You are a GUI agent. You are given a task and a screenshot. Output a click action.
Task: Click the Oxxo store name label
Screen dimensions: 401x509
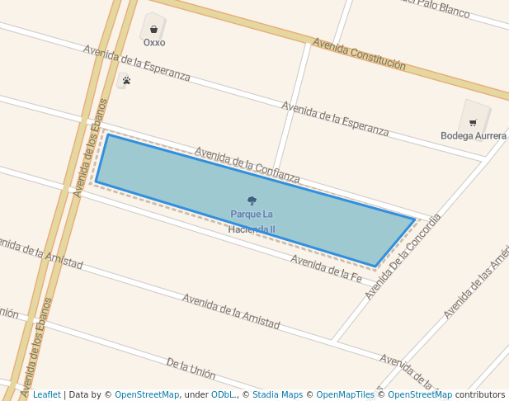tap(154, 42)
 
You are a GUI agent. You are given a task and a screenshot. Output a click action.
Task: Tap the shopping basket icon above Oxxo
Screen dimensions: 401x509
tap(153, 29)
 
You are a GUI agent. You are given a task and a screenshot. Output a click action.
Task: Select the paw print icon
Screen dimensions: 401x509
tap(126, 80)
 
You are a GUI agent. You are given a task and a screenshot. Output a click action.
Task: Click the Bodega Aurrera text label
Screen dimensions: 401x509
tap(474, 135)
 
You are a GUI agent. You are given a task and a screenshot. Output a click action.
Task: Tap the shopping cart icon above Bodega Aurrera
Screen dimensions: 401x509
tap(473, 122)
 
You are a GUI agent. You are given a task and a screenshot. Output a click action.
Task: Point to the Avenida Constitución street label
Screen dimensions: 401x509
tap(359, 53)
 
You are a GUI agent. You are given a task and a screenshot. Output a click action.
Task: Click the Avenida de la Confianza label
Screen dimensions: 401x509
tap(247, 165)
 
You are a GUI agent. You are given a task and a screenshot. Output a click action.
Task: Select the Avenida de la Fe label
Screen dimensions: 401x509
tap(326, 269)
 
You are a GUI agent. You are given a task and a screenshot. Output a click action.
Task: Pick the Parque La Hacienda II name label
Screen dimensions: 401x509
tap(252, 222)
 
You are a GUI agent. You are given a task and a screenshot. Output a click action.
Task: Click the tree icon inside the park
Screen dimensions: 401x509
tap(252, 200)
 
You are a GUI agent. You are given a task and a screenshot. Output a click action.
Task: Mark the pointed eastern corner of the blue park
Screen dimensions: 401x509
tap(414, 219)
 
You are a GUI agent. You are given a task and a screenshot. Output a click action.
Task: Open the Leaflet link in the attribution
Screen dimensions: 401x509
tap(47, 394)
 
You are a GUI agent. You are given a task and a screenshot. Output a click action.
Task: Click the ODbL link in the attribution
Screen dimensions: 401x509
tap(222, 394)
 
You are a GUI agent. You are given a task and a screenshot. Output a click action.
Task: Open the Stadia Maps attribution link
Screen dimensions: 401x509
tap(276, 394)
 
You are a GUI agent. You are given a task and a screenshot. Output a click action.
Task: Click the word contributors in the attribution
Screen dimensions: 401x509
tap(480, 394)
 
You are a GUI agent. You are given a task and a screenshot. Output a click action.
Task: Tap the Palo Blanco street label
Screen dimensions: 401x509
tap(436, 7)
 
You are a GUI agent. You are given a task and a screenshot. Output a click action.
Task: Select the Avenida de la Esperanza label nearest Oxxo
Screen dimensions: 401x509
tap(137, 64)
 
